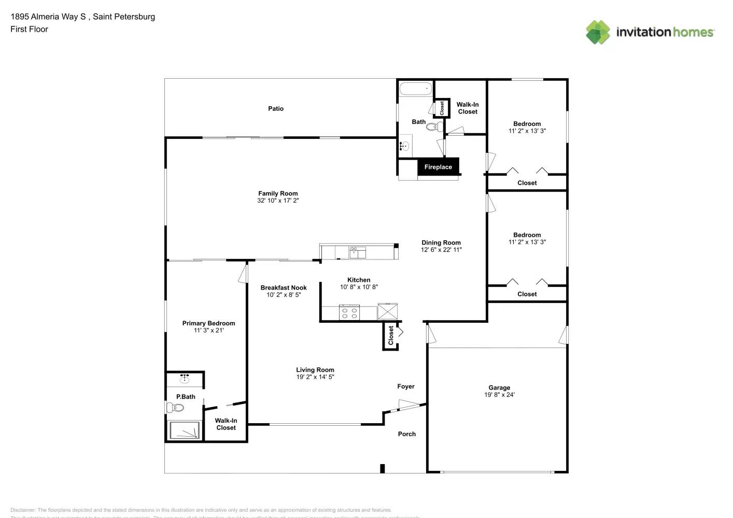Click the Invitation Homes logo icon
(x=598, y=32)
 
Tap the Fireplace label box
(x=438, y=167)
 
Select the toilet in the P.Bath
(x=176, y=408)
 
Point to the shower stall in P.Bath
(x=185, y=430)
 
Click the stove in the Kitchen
(x=349, y=313)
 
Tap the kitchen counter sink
(x=357, y=252)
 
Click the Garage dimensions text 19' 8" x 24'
(x=499, y=395)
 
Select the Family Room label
(x=278, y=193)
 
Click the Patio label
(x=276, y=109)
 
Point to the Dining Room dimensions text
(x=441, y=250)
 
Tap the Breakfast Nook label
(x=284, y=287)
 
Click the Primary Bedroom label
(x=208, y=323)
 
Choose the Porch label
(x=407, y=434)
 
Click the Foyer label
(x=406, y=386)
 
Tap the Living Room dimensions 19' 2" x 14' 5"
(x=315, y=377)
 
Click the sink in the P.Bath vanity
(x=185, y=379)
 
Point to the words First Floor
(x=29, y=30)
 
